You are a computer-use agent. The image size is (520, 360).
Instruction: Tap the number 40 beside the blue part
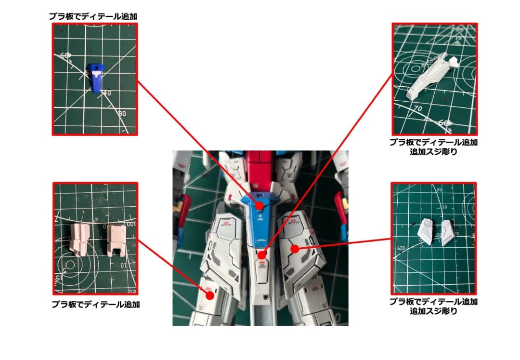(106, 93)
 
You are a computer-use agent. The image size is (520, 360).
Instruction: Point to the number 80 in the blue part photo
(122, 114)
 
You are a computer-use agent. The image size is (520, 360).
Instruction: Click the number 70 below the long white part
(417, 109)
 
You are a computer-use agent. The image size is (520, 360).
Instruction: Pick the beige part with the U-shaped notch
(116, 239)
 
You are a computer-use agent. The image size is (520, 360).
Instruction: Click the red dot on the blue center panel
(259, 205)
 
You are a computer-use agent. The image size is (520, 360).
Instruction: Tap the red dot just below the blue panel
(260, 255)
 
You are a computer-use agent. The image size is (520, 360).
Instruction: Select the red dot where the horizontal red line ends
(295, 249)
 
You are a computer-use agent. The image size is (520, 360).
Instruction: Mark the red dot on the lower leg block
(209, 295)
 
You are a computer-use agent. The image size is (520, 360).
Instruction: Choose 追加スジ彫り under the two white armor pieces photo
(433, 311)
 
